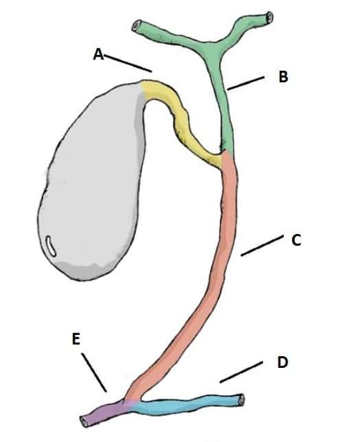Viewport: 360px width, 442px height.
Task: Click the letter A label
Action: click(x=98, y=54)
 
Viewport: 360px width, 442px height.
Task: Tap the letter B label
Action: click(x=283, y=76)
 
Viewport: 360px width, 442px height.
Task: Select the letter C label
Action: click(x=296, y=240)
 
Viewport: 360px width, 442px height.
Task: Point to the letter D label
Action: click(x=282, y=362)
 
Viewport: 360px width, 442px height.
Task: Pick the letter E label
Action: click(x=76, y=339)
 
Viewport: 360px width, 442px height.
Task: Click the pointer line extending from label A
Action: click(x=128, y=63)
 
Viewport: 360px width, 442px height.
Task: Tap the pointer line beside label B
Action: click(x=246, y=83)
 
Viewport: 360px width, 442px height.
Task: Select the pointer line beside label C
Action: click(x=262, y=246)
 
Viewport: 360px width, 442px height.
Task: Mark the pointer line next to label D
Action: click(x=241, y=373)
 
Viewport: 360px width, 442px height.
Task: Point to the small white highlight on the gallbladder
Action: click(x=52, y=246)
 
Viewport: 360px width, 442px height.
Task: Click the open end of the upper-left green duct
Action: click(x=136, y=26)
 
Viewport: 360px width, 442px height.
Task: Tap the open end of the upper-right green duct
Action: click(x=269, y=16)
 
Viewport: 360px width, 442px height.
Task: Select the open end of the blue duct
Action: click(x=240, y=400)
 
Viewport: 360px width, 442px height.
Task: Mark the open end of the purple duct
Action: click(x=84, y=421)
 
